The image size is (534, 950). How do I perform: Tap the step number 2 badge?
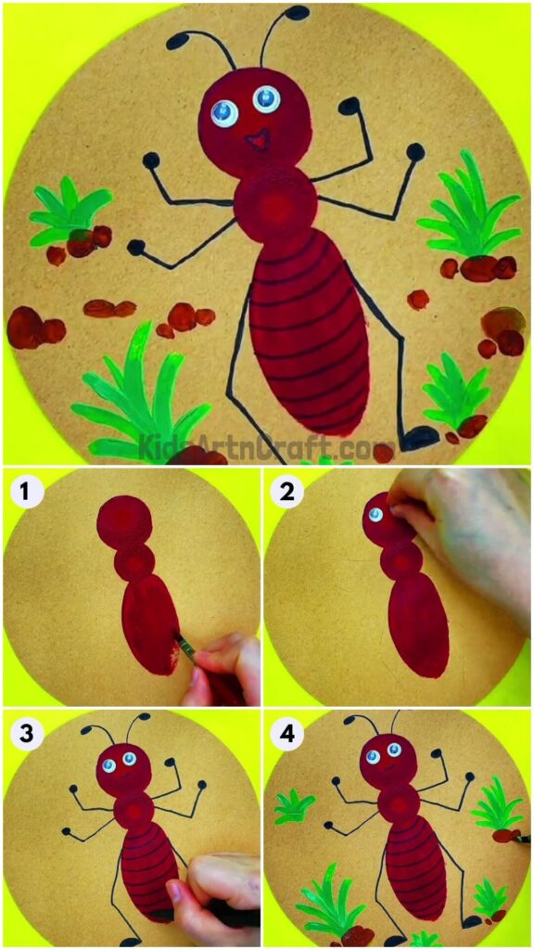pos(286,490)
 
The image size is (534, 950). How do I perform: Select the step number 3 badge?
pos(24,734)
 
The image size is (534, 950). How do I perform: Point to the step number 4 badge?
pos(286,734)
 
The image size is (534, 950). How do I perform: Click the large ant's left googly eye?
pos(223,113)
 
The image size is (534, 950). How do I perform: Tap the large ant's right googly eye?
pos(267,98)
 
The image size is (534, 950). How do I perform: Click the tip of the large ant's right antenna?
pos(297,12)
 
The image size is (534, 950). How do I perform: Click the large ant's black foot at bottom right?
pos(419,437)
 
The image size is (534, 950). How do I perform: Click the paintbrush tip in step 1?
pos(178,639)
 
